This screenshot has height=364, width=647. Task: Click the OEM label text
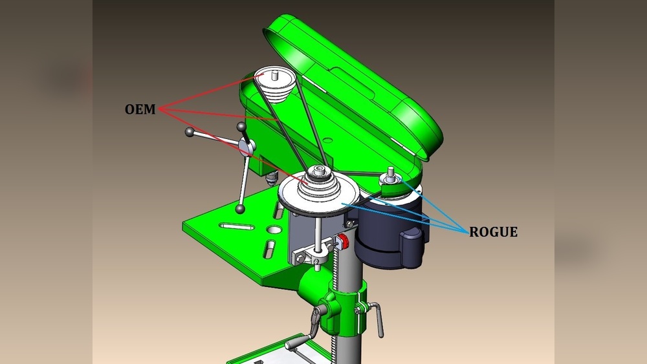[x=140, y=109]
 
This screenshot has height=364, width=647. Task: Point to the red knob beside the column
[x=344, y=242]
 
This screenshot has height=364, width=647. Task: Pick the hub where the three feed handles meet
[x=245, y=147]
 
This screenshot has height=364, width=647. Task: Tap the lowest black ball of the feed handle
[x=241, y=208]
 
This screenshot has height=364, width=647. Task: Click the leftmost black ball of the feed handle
[x=190, y=133]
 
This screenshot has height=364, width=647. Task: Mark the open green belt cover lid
[x=362, y=84]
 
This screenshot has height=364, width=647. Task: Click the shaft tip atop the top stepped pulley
[x=276, y=74]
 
